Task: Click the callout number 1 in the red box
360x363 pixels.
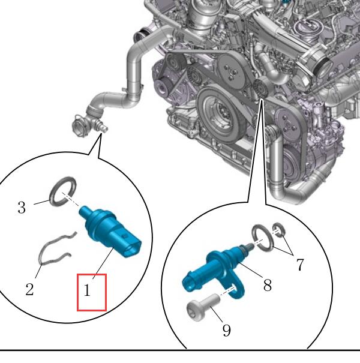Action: pos(87,290)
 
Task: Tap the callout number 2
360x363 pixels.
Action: pos(29,289)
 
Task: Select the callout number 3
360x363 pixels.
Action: pos(22,208)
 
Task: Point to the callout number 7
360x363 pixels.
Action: pos(299,265)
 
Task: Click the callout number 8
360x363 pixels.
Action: pos(268,285)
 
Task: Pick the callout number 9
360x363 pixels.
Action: pos(227,331)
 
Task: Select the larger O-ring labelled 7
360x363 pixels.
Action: pos(263,238)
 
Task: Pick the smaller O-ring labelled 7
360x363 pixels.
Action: pos(279,230)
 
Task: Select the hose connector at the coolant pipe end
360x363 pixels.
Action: pos(80,125)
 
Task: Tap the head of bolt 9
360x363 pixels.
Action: pos(194,311)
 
